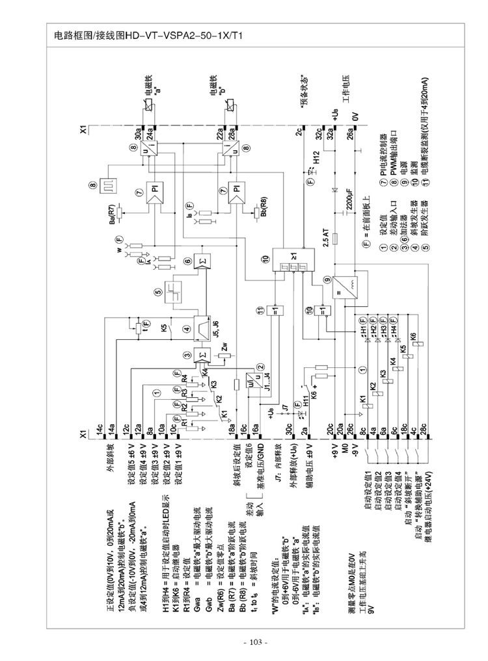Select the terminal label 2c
click(x=297, y=131)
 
